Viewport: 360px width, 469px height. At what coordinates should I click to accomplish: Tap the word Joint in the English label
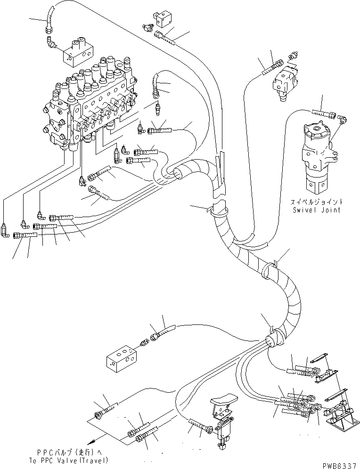pyautogui.click(x=330, y=210)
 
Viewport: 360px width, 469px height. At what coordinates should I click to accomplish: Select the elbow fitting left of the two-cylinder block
pyautogui.click(x=51, y=42)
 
